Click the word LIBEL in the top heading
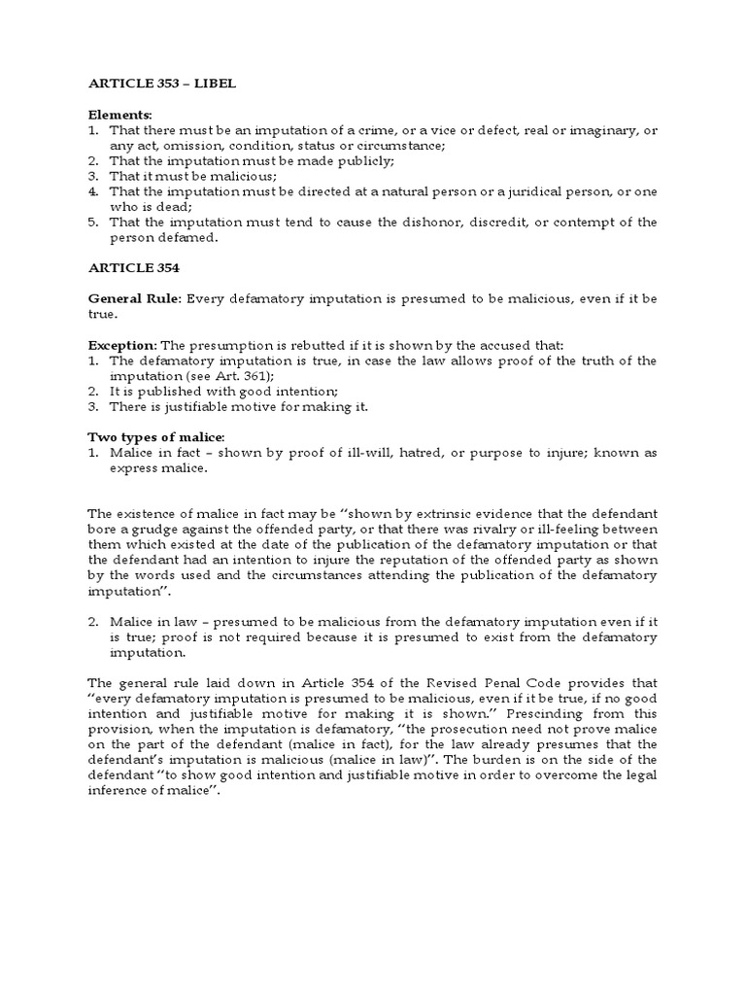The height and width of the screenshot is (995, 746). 215,85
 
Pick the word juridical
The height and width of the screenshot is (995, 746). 500,190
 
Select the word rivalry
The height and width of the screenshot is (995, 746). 458,528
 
